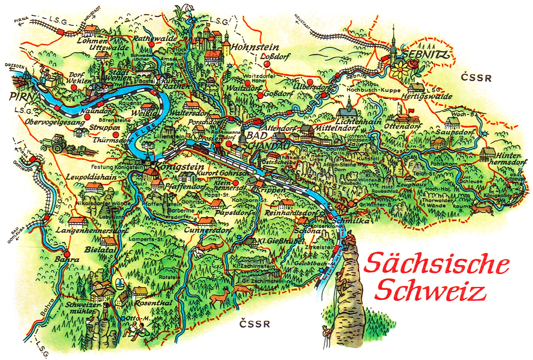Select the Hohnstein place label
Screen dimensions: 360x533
point(255,47)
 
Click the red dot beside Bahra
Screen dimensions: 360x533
point(67,254)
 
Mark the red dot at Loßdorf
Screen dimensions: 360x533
point(267,64)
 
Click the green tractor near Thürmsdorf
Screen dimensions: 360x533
point(56,143)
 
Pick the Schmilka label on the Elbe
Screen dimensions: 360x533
point(354,221)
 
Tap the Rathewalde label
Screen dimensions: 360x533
point(155,38)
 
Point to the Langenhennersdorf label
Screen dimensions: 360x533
point(92,231)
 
